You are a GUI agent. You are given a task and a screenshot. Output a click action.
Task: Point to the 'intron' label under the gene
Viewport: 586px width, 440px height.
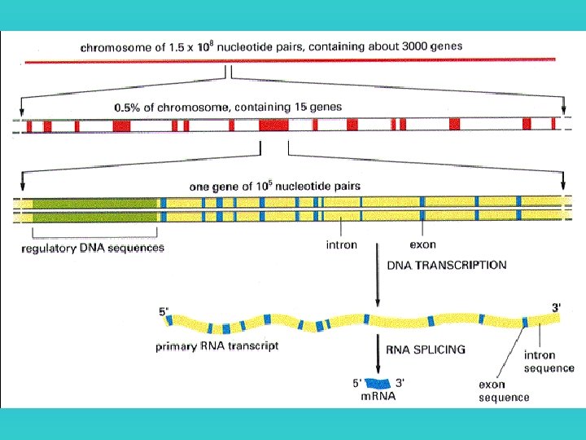pos(341,244)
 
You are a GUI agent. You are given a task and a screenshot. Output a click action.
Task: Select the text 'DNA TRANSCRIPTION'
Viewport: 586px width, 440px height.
pos(445,266)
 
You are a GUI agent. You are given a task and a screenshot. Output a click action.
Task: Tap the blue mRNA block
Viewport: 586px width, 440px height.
pos(377,382)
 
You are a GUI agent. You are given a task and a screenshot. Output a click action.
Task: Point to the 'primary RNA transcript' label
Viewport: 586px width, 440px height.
pos(216,346)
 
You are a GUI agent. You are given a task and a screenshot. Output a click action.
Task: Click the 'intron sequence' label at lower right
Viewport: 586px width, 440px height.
pos(549,362)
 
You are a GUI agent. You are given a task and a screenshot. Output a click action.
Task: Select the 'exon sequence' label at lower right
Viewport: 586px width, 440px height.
pos(504,391)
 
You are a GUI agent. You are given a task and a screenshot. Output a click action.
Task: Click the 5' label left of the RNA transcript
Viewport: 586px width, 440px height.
pos(164,310)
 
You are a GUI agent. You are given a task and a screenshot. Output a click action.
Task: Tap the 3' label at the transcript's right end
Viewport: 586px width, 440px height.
pos(557,307)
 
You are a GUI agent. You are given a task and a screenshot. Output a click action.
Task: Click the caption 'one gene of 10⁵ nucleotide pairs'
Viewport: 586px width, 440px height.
pos(274,187)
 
